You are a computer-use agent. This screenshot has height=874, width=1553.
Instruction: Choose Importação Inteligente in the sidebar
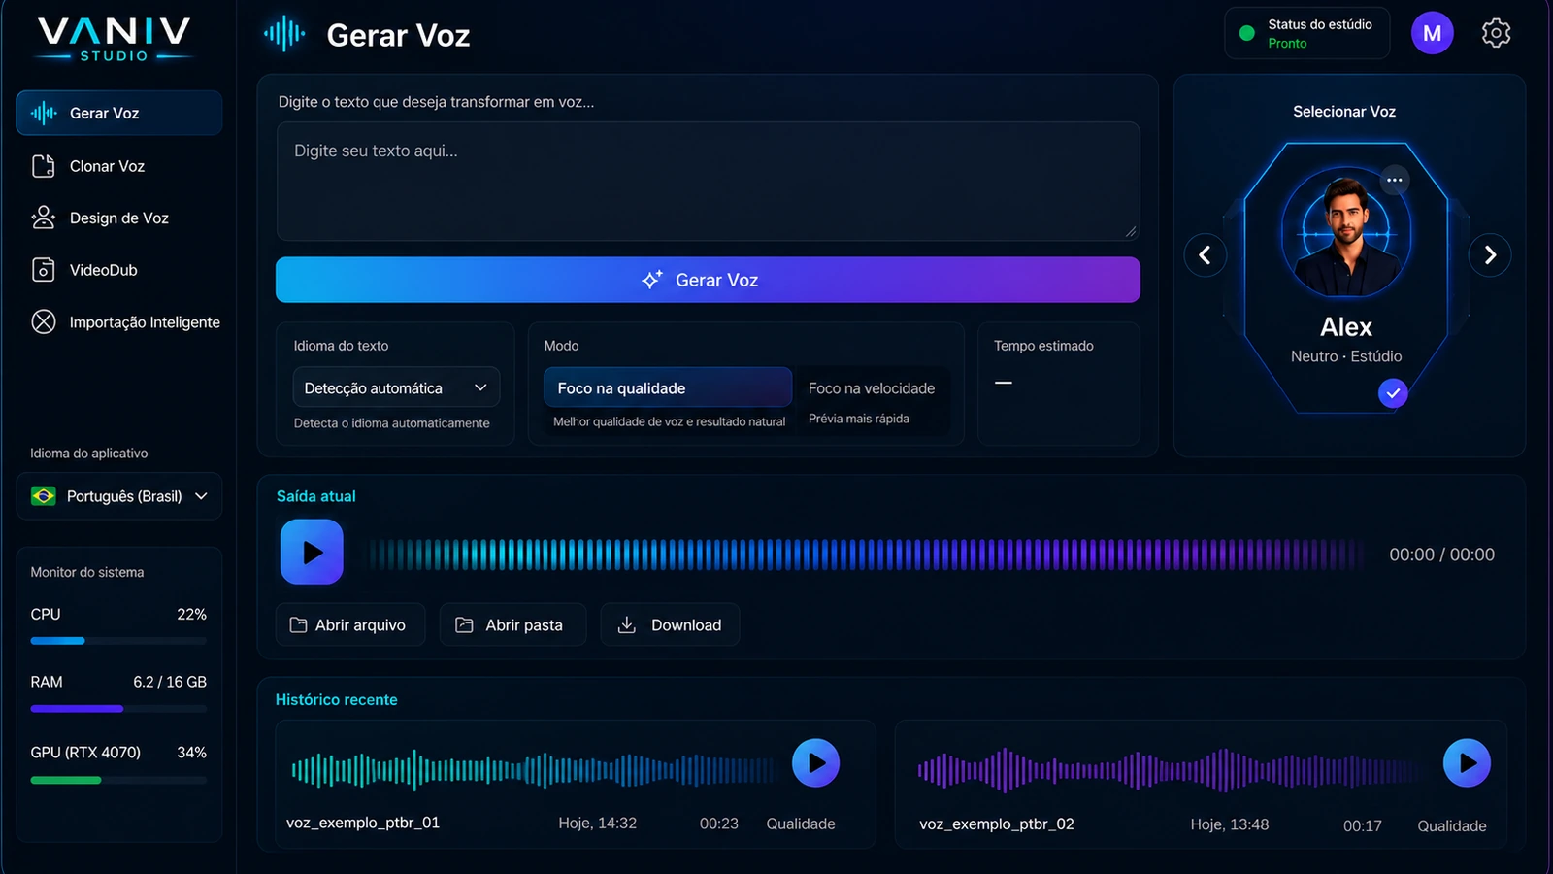tap(125, 322)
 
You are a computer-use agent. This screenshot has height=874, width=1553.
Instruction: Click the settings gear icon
tap(1496, 33)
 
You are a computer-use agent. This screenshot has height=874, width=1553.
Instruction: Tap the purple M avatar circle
tap(1433, 33)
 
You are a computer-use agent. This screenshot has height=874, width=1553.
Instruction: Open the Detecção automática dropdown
tap(396, 387)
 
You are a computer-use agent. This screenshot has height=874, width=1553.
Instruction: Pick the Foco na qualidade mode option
tap(668, 387)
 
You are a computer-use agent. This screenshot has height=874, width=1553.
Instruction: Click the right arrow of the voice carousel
tap(1490, 255)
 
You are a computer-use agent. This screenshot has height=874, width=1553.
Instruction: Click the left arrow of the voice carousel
tap(1205, 255)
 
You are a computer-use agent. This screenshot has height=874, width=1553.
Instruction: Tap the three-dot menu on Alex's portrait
tap(1394, 181)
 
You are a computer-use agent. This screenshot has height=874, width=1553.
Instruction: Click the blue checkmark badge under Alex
tap(1393, 393)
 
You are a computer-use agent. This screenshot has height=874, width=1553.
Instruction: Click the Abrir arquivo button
tap(350, 625)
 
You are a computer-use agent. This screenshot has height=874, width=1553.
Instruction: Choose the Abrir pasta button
tap(513, 625)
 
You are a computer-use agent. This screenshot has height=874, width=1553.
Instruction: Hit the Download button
tap(670, 625)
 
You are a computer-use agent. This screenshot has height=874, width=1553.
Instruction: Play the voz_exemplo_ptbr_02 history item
tap(1467, 763)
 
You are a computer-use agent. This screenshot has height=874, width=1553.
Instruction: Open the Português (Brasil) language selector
tap(119, 496)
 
